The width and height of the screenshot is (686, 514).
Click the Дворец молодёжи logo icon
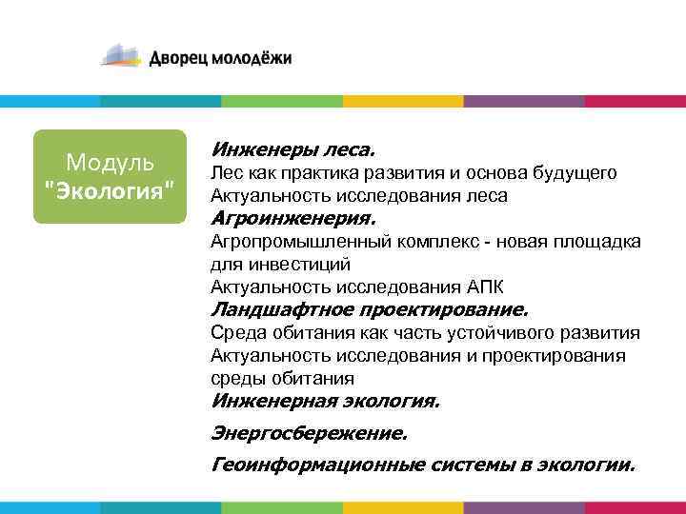[x=123, y=55]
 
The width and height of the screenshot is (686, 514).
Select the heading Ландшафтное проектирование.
[x=368, y=309]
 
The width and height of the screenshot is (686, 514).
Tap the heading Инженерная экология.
[x=325, y=401]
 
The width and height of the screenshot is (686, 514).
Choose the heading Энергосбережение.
[x=309, y=433]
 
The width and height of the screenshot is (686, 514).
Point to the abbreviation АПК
[x=487, y=287]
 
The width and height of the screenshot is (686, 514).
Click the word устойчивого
[x=501, y=333]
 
